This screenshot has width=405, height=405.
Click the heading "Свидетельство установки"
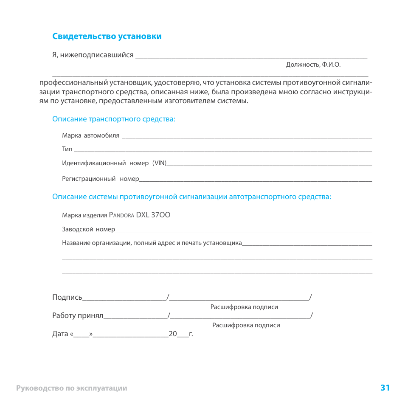(x=107, y=37)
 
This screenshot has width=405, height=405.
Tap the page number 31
(x=385, y=388)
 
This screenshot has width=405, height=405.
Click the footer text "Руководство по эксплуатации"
(x=72, y=388)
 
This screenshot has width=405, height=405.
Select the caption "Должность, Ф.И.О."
(x=313, y=65)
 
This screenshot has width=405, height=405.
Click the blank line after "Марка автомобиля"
(x=246, y=137)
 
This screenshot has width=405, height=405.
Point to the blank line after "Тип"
(x=223, y=150)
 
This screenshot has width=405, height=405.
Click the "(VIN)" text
(x=159, y=163)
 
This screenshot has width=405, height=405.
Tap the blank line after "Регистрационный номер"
(x=256, y=180)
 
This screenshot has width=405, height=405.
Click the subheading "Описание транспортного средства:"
(x=114, y=119)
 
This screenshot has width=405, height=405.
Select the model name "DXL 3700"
(x=153, y=215)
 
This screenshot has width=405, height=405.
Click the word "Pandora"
(x=121, y=215)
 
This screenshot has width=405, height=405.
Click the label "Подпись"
(x=67, y=298)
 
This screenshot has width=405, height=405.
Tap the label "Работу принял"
(x=78, y=315)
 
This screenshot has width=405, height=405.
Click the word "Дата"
(x=60, y=334)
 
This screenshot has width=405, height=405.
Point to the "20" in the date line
(x=172, y=334)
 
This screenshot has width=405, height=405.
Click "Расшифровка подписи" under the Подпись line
(x=244, y=307)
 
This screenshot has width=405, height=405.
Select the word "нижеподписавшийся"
(x=97, y=55)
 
